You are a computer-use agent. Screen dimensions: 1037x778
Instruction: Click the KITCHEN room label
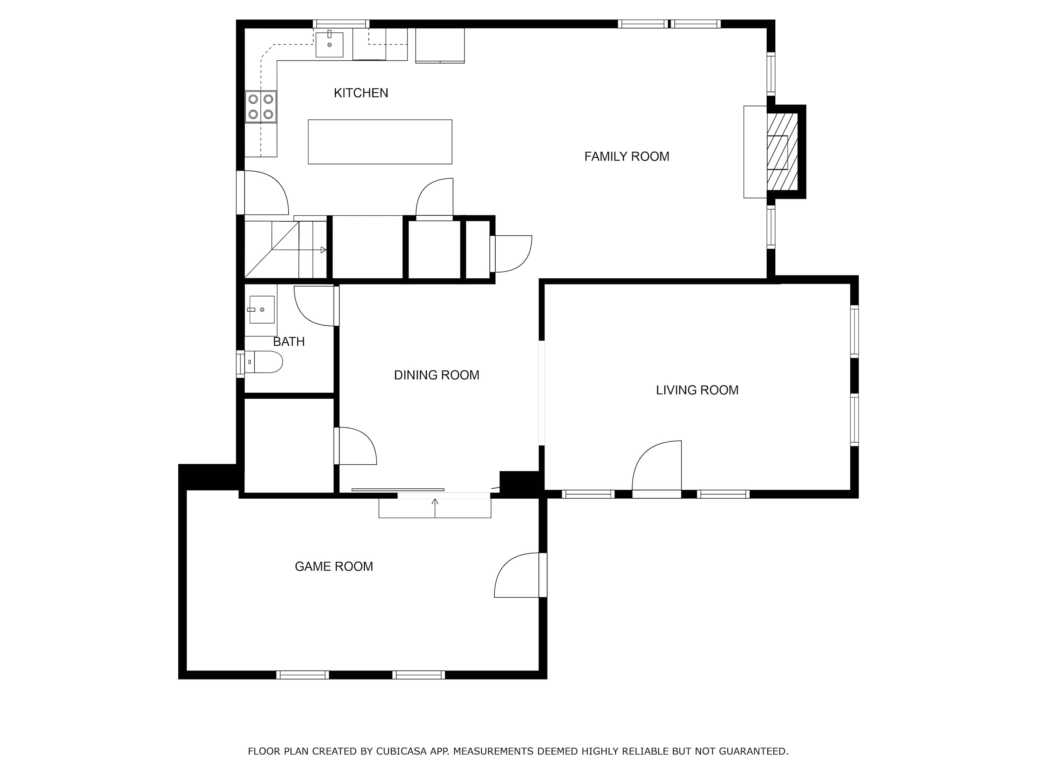coord(361,93)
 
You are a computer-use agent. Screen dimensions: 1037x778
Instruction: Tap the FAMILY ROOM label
coord(626,157)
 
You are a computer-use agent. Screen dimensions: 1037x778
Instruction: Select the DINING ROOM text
coord(437,375)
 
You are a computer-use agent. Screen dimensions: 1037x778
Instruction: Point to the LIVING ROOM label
coord(697,390)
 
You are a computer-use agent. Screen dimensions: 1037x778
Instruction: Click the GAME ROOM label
coord(334,566)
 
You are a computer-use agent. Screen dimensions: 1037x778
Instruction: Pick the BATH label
coord(289,342)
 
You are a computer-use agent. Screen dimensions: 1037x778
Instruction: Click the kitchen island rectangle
coord(380,142)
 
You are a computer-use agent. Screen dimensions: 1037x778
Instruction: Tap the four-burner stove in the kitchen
coord(261,106)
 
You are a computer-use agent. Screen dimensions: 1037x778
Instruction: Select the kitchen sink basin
coord(329,45)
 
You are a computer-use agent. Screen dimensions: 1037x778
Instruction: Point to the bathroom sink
coord(262,309)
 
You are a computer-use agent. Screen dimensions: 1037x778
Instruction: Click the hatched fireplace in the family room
coord(782,152)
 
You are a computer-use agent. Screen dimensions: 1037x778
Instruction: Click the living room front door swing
coord(656,466)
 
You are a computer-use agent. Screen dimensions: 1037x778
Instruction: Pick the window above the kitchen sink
coord(341,24)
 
